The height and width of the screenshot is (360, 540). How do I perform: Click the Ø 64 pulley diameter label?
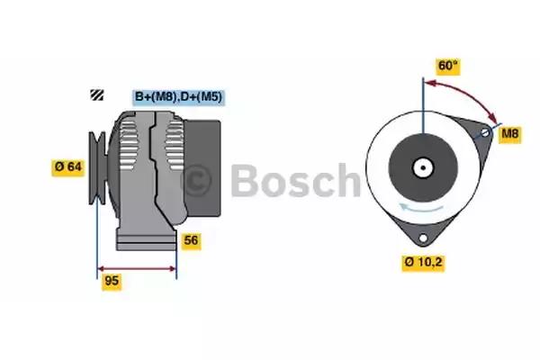coord(68,167)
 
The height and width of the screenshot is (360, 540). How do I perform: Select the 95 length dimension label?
coord(112,281)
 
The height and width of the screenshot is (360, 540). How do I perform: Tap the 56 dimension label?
coord(191,240)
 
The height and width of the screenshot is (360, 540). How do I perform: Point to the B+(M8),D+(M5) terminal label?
coord(179,97)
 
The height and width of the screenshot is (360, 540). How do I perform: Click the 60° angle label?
coord(447,66)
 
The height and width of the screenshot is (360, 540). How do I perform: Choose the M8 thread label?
coord(510,133)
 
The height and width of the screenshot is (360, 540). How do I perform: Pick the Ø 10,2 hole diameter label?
coord(423,263)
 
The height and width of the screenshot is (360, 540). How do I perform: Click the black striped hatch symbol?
coord(97,94)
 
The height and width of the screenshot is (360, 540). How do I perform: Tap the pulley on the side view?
coord(97,167)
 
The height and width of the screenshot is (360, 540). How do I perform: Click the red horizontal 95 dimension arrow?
coord(137,269)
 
